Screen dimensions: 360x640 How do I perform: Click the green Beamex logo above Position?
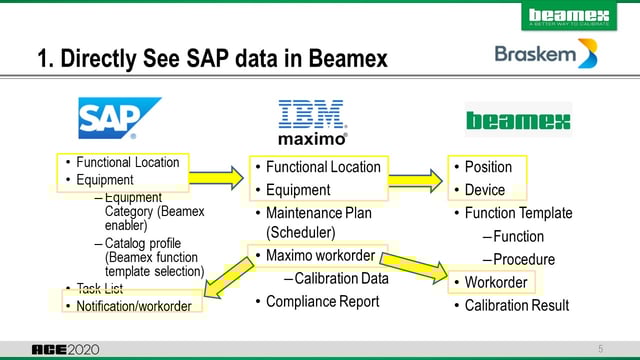(518, 122)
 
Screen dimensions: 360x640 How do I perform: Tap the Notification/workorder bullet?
(133, 305)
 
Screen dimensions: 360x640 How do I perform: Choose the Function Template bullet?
(518, 213)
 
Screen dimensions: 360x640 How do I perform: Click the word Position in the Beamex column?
(488, 167)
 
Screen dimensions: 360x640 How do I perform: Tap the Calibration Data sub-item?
(339, 279)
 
